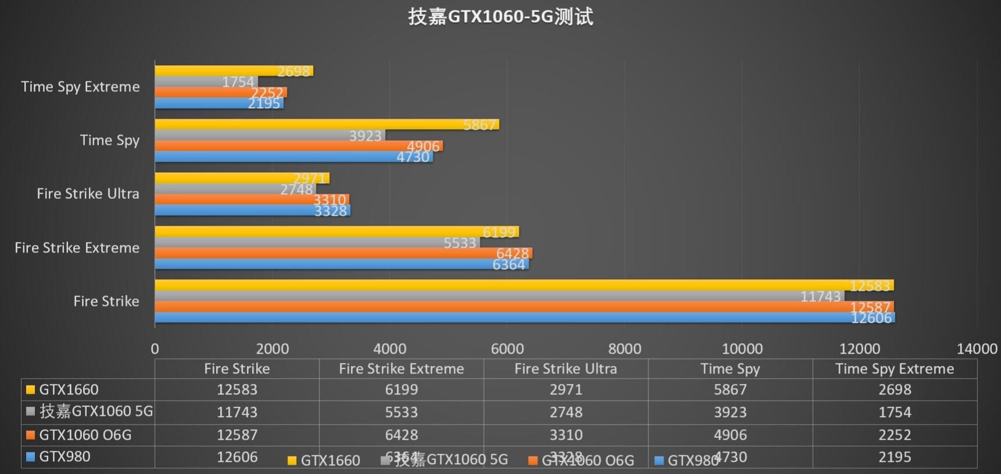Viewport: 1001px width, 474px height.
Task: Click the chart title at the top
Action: tap(500, 16)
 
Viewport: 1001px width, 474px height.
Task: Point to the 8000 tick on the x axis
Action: tap(625, 348)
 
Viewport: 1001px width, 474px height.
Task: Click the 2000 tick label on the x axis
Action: tap(272, 348)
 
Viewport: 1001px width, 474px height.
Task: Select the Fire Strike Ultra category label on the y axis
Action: tap(88, 194)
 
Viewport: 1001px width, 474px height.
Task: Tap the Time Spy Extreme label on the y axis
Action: tap(80, 87)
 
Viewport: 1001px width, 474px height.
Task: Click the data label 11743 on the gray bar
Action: tap(820, 297)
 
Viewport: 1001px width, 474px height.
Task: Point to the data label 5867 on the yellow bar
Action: tap(479, 124)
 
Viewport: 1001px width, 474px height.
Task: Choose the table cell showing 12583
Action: tap(237, 390)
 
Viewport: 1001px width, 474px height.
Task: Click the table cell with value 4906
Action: tap(730, 435)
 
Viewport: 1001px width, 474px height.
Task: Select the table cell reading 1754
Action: tap(895, 412)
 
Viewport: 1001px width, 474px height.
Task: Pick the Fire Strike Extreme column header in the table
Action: tap(401, 369)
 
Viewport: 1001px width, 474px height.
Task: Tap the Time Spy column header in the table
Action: tap(730, 369)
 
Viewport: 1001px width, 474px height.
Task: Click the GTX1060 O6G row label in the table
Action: tap(85, 435)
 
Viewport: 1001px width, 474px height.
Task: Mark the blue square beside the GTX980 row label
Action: tap(31, 457)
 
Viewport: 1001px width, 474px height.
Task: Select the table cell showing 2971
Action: tap(566, 390)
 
